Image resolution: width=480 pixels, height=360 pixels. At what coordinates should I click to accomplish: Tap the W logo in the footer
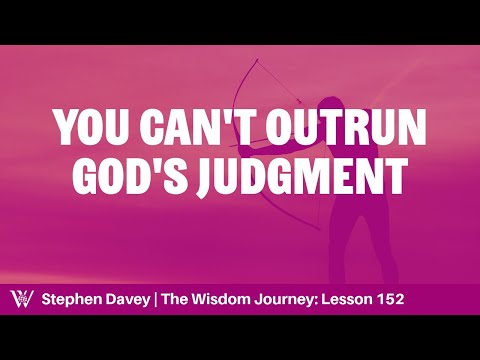pyautogui.click(x=18, y=300)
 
